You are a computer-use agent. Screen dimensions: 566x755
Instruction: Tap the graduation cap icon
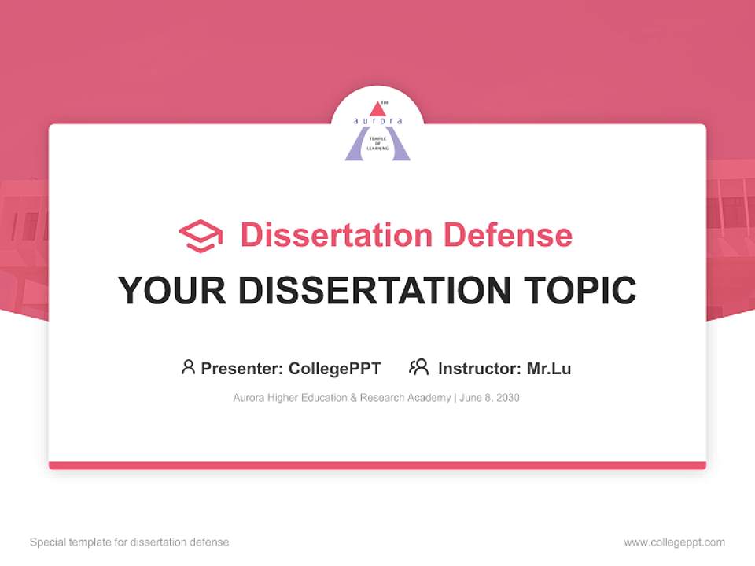click(201, 236)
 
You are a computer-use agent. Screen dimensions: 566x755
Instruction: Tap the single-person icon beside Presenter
click(188, 367)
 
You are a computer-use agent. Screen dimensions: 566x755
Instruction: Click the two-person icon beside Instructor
click(419, 367)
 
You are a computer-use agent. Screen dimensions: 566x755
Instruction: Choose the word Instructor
click(478, 368)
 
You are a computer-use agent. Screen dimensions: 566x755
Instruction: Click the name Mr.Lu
click(549, 368)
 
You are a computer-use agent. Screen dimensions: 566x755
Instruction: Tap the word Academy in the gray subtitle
click(429, 398)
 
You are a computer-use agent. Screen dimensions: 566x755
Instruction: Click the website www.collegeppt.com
click(674, 542)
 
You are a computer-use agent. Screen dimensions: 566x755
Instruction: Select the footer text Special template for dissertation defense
click(130, 542)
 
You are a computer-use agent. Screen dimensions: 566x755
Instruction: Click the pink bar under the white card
click(377, 465)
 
